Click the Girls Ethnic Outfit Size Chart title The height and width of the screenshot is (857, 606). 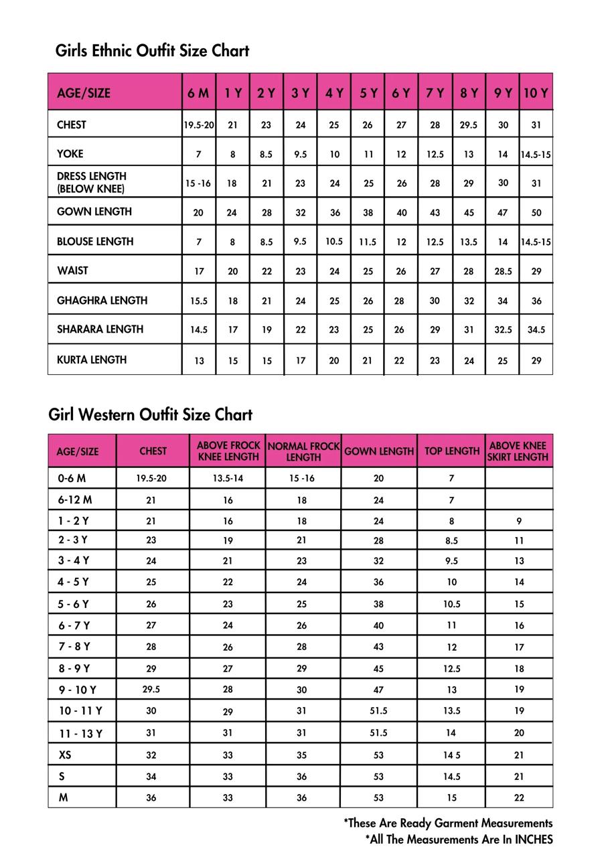click(152, 51)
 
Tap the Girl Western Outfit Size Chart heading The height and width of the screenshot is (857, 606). click(150, 414)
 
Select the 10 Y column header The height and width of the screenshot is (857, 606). click(536, 93)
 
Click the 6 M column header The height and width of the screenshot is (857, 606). click(198, 93)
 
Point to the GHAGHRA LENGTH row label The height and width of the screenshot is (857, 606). click(102, 301)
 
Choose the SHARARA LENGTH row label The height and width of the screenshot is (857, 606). click(100, 329)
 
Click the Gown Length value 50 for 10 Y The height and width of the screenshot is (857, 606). click(536, 213)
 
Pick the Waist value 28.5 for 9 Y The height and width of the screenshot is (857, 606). click(502, 271)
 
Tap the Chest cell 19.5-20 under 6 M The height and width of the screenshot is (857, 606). click(198, 125)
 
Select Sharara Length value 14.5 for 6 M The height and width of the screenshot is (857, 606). click(198, 330)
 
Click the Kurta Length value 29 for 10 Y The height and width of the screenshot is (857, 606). click(536, 361)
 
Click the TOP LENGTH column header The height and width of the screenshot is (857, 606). click(451, 451)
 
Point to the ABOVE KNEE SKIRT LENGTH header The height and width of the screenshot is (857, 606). click(518, 451)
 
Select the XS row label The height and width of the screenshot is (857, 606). click(65, 755)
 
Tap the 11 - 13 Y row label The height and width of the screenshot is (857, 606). click(80, 733)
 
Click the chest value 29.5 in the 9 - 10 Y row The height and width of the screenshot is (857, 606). click(151, 690)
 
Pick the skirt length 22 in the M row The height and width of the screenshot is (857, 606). click(519, 798)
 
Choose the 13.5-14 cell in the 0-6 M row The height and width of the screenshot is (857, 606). click(228, 478)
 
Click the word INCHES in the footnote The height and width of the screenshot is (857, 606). click(534, 839)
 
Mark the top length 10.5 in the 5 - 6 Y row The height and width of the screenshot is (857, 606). click(451, 604)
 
